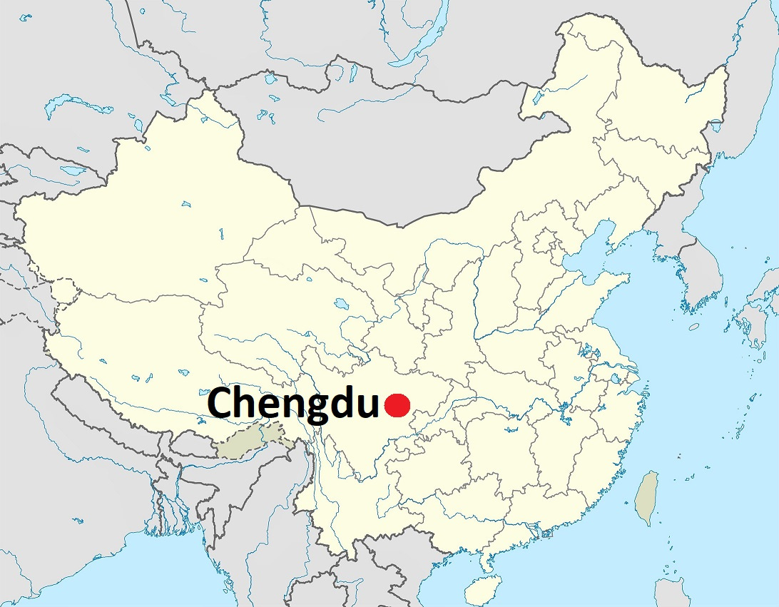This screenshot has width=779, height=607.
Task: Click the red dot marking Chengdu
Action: [x=397, y=405]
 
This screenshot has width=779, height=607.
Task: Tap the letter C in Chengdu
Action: [x=222, y=404]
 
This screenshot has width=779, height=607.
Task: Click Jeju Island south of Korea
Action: [x=694, y=326]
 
